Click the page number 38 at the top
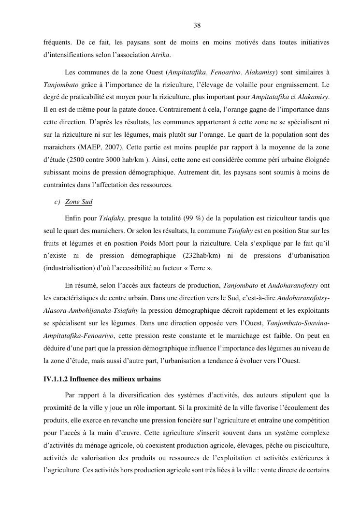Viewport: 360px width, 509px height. (197, 26)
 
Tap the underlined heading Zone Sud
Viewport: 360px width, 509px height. (79, 202)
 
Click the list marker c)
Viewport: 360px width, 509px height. (57, 202)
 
